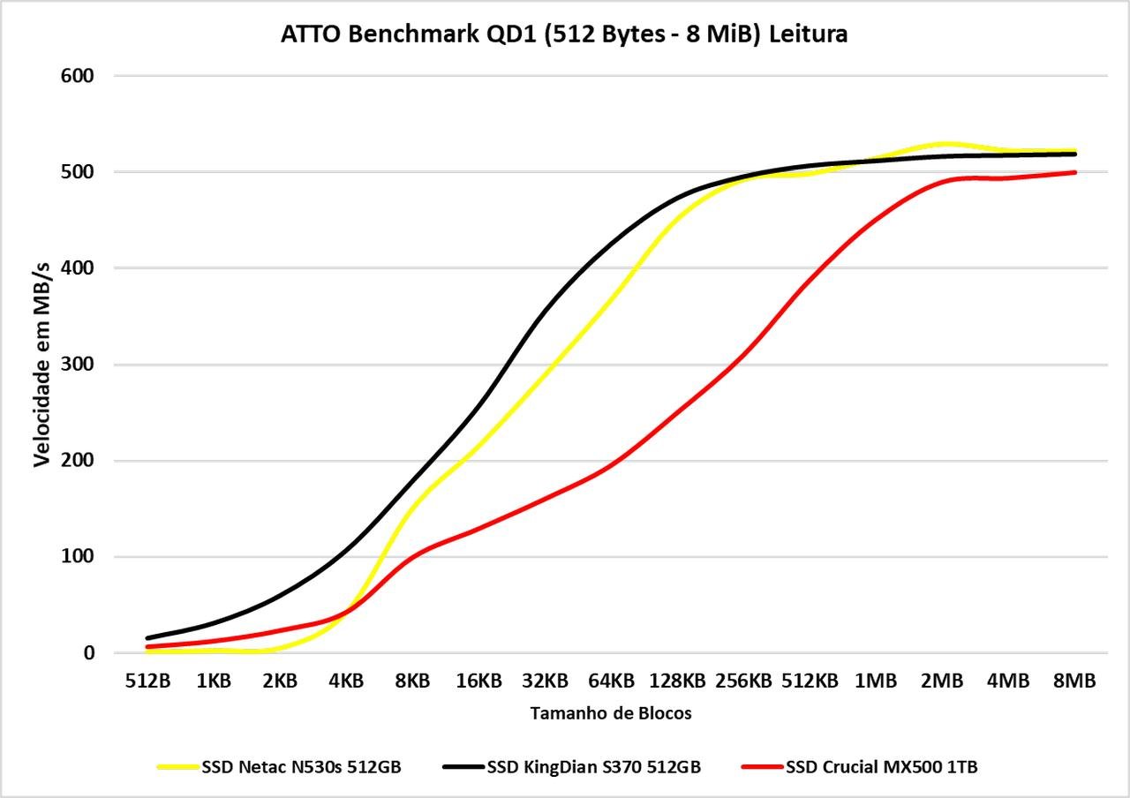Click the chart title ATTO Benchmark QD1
(564, 34)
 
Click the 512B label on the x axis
(148, 681)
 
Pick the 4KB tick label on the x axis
(346, 681)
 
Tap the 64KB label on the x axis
(611, 681)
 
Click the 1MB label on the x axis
(877, 681)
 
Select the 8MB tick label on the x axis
(1074, 681)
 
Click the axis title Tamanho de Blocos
(611, 713)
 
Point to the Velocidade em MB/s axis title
(42, 365)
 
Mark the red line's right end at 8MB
(1074, 172)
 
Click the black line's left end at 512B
(148, 637)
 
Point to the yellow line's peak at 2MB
(943, 143)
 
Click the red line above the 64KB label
(611, 464)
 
